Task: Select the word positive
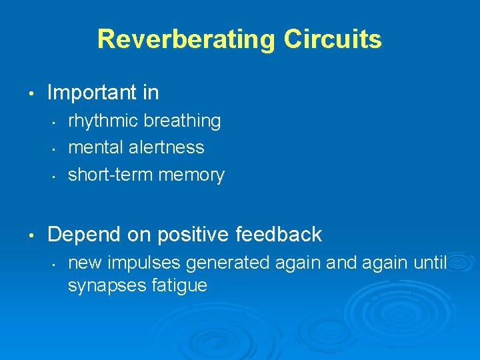(189, 235)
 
